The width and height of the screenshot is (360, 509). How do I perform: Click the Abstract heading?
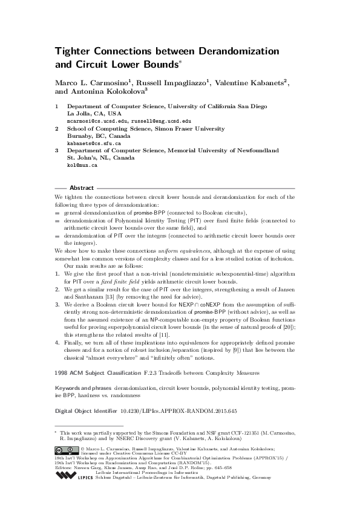tap(82, 187)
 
